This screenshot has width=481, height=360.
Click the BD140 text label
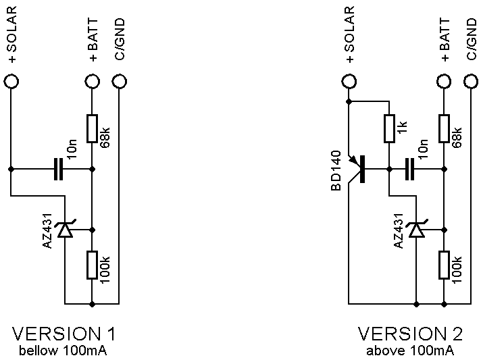[336, 170]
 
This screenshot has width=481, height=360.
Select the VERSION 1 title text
[64, 334]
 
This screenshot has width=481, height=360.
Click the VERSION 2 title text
[410, 334]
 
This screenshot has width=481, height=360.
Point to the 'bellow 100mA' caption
[63, 350]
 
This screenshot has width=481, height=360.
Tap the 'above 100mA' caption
[410, 350]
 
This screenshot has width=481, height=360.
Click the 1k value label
[403, 127]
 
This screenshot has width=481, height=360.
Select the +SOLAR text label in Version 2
[349, 34]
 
